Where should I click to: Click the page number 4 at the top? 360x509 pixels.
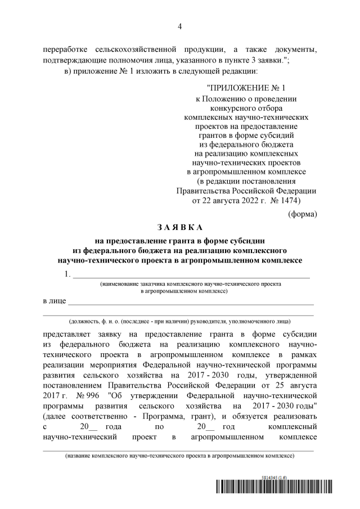tap(179, 26)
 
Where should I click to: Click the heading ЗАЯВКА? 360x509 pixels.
tap(179, 227)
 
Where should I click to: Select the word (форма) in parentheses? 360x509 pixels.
tap(302, 214)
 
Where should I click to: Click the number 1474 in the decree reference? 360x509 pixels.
tap(287, 200)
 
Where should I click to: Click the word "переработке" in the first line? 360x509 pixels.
tap(65, 49)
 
